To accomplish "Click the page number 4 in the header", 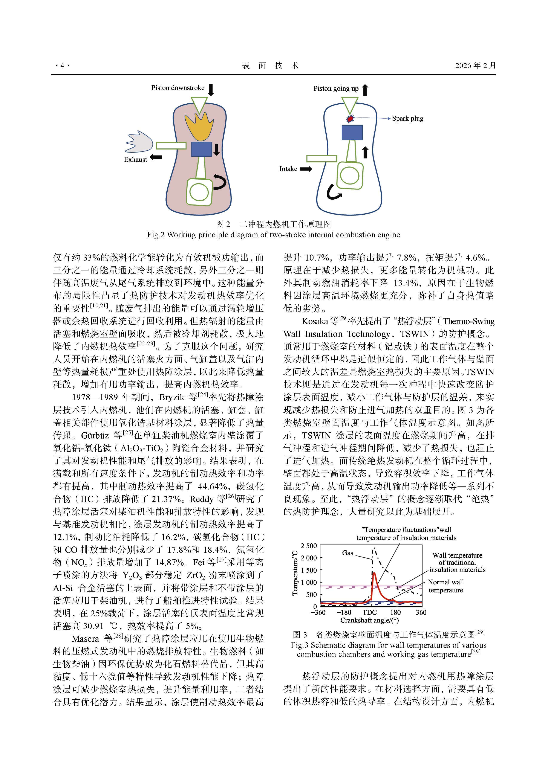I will pyautogui.click(x=62, y=66).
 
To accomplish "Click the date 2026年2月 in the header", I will pyautogui.click(x=475, y=66).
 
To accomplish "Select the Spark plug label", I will pyautogui.click(x=408, y=118).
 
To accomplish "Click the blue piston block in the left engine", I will pyautogui.click(x=201, y=149).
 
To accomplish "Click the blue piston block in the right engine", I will pyautogui.click(x=352, y=133).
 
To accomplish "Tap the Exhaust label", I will pyautogui.click(x=135, y=160).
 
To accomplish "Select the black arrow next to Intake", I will pyautogui.click(x=306, y=169).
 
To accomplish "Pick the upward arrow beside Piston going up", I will pyautogui.click(x=365, y=90).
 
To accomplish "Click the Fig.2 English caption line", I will pyautogui.click(x=273, y=235).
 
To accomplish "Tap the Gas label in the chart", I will pyautogui.click(x=347, y=553).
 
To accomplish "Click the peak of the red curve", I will pyautogui.click(x=374, y=573).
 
